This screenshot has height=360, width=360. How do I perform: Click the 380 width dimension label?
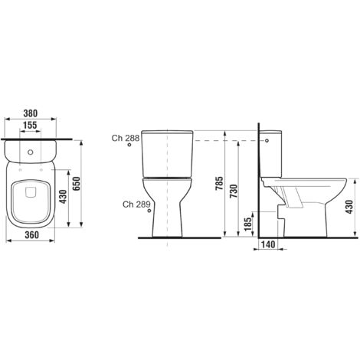[31, 109]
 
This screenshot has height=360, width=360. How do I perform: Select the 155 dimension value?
[31, 124]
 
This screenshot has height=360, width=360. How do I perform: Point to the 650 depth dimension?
[77, 184]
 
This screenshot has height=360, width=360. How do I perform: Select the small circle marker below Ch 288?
[129, 148]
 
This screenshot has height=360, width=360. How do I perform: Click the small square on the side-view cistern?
[267, 141]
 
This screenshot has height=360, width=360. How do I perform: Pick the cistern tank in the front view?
[165, 152]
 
